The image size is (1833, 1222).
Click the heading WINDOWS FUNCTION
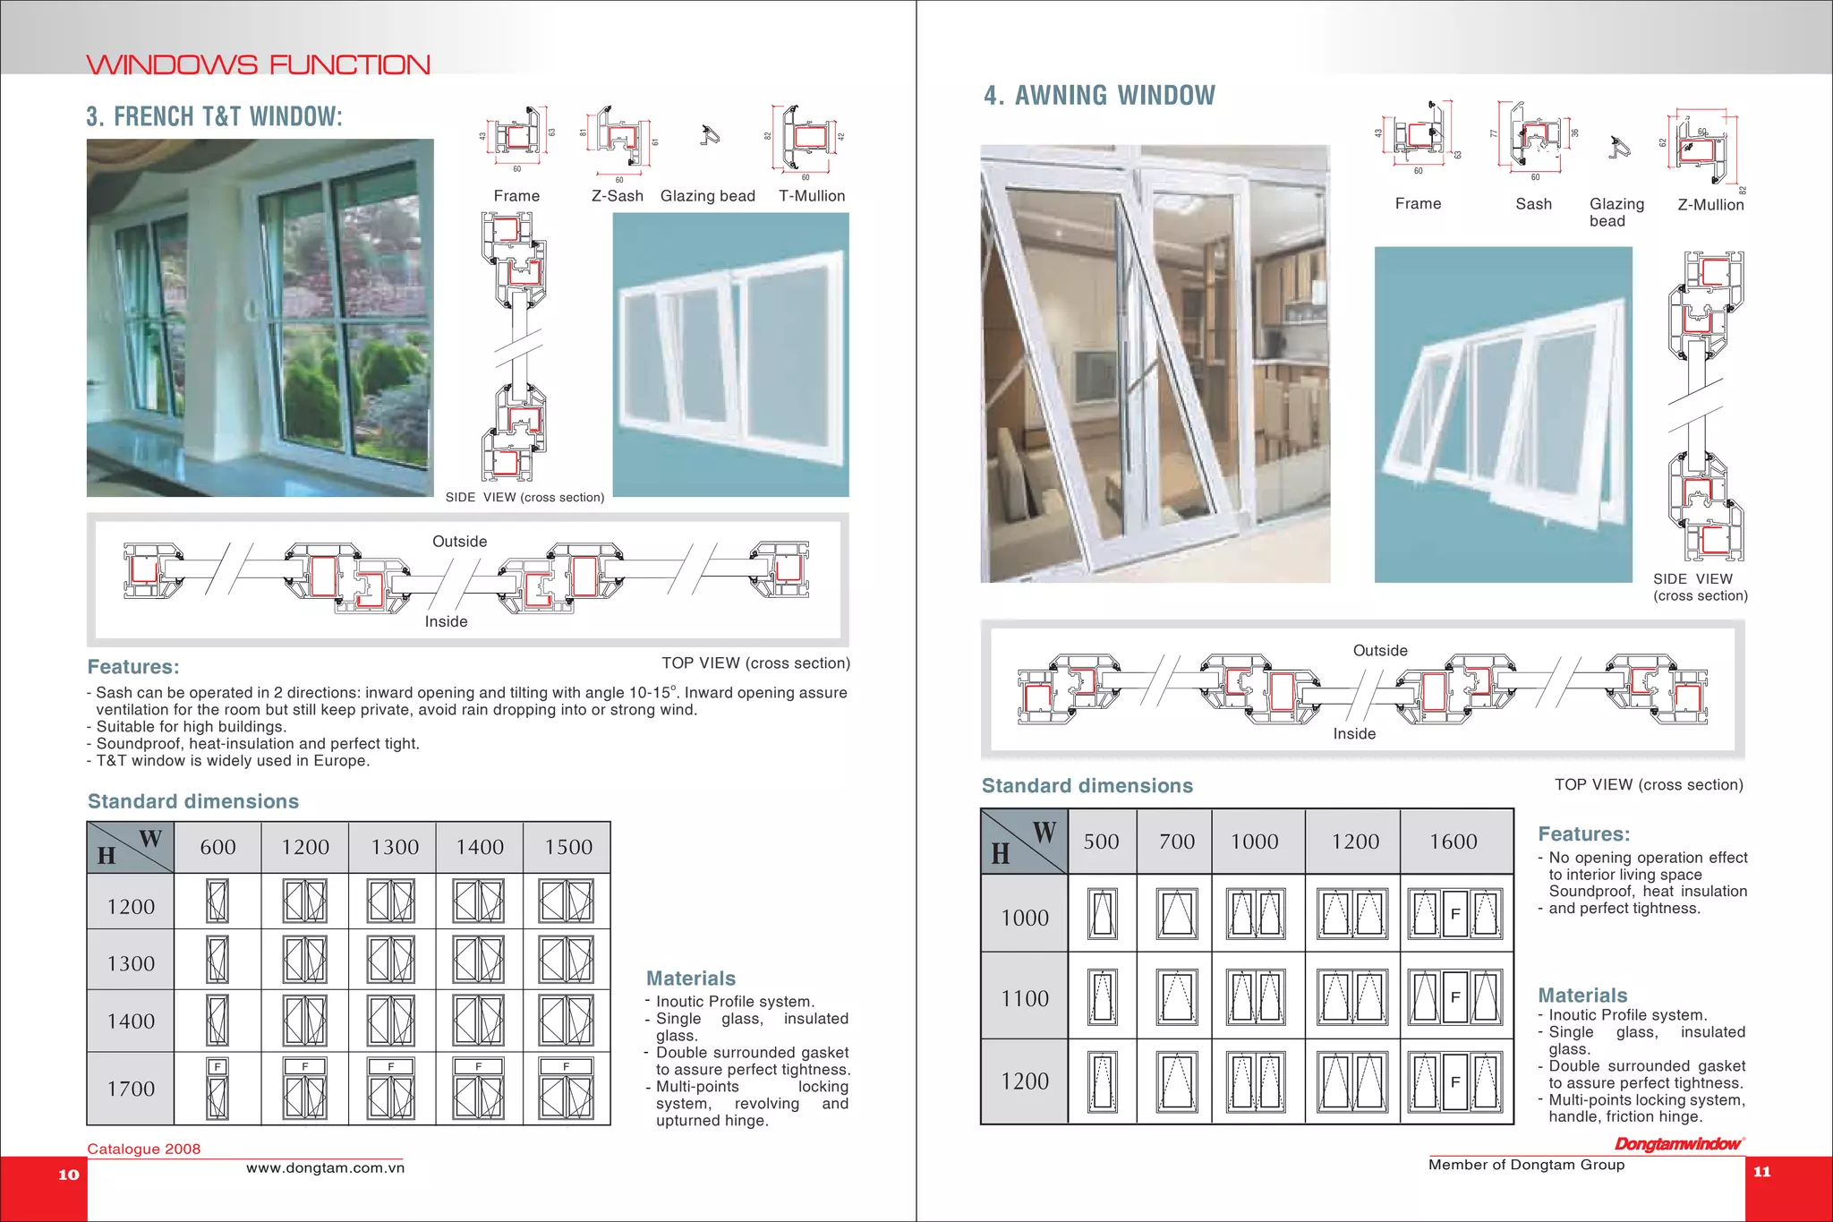258,64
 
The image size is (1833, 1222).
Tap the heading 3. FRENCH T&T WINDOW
214,116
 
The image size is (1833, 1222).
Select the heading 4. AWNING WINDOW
1099,95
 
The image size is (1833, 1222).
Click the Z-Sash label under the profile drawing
617,196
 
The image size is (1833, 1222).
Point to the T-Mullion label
811,196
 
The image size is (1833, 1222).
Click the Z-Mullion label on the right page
1710,205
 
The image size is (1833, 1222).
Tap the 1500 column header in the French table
568,847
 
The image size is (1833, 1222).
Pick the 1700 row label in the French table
131,1089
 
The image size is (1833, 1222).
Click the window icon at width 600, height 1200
217,902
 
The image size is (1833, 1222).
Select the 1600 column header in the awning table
1453,842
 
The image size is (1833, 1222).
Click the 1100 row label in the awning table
1025,998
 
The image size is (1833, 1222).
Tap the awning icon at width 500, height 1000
1102,914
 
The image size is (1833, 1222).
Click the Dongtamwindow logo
1678,1144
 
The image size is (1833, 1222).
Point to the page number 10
68,1175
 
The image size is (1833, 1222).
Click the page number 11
1761,1172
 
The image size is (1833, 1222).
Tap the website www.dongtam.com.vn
325,1168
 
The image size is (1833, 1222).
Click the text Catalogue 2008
143,1149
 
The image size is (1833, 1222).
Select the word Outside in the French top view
459,542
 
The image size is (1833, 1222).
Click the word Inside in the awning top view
1354,734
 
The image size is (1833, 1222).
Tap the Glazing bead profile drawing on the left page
710,136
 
